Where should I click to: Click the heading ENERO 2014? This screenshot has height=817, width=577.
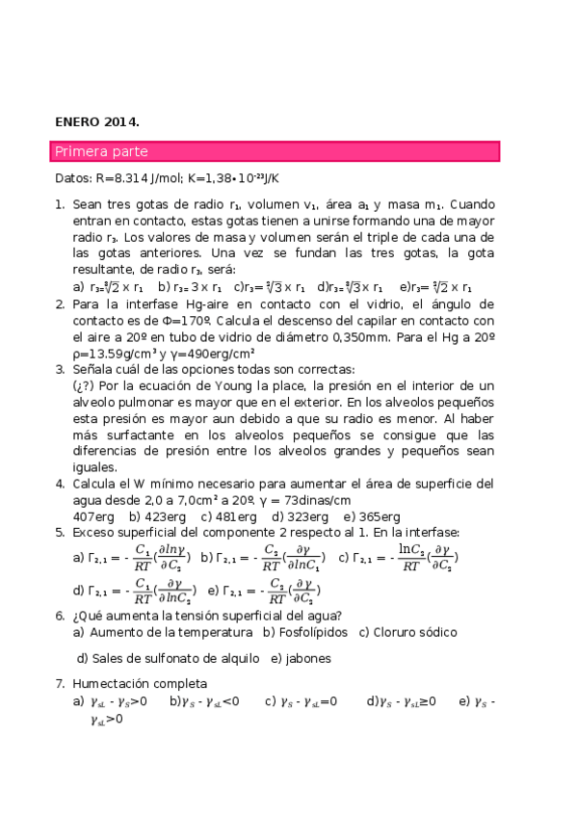coord(96,122)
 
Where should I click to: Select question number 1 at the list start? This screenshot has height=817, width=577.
coord(59,205)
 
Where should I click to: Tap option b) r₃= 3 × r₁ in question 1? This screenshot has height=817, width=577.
coord(191,287)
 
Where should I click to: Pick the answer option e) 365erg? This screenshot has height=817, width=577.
coord(372,516)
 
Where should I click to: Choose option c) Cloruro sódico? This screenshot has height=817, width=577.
coord(407,632)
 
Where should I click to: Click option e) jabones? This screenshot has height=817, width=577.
coord(301,659)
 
